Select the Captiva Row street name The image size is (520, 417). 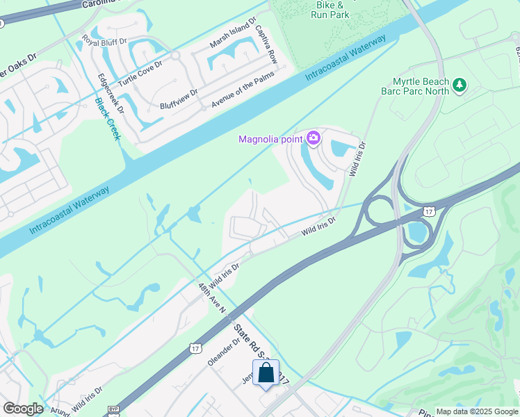pos(266,46)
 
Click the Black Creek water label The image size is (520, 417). pos(107,119)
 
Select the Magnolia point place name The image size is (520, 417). pos(270,139)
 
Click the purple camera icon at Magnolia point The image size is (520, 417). pos(314,139)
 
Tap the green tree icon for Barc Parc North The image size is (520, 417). pos(459,85)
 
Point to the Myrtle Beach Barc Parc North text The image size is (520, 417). pos(416,85)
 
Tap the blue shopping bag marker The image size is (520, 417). pos(266,373)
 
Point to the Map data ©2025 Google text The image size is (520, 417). pos(476,411)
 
